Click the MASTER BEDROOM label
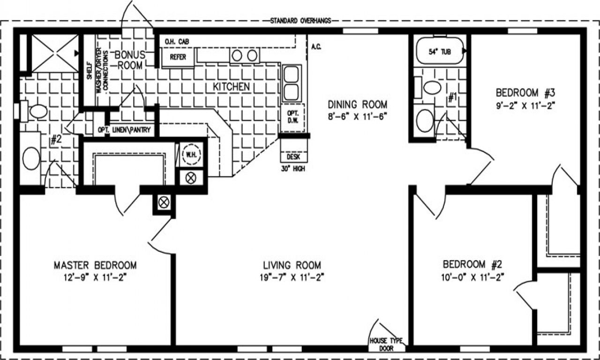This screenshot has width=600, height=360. (95, 265)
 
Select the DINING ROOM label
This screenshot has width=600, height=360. (357, 104)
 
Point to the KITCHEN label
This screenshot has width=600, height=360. (231, 87)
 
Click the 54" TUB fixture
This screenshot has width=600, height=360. (440, 52)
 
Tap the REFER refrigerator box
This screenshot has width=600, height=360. (178, 57)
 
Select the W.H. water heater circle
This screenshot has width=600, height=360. (191, 154)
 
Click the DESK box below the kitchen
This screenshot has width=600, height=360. (293, 157)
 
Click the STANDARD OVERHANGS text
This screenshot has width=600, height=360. (300, 21)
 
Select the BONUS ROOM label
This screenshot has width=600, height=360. (130, 60)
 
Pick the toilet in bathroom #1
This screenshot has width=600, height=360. (432, 87)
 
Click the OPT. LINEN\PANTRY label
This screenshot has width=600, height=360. (124, 130)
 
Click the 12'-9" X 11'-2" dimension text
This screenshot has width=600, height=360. (95, 277)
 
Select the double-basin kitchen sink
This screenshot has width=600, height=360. (292, 83)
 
